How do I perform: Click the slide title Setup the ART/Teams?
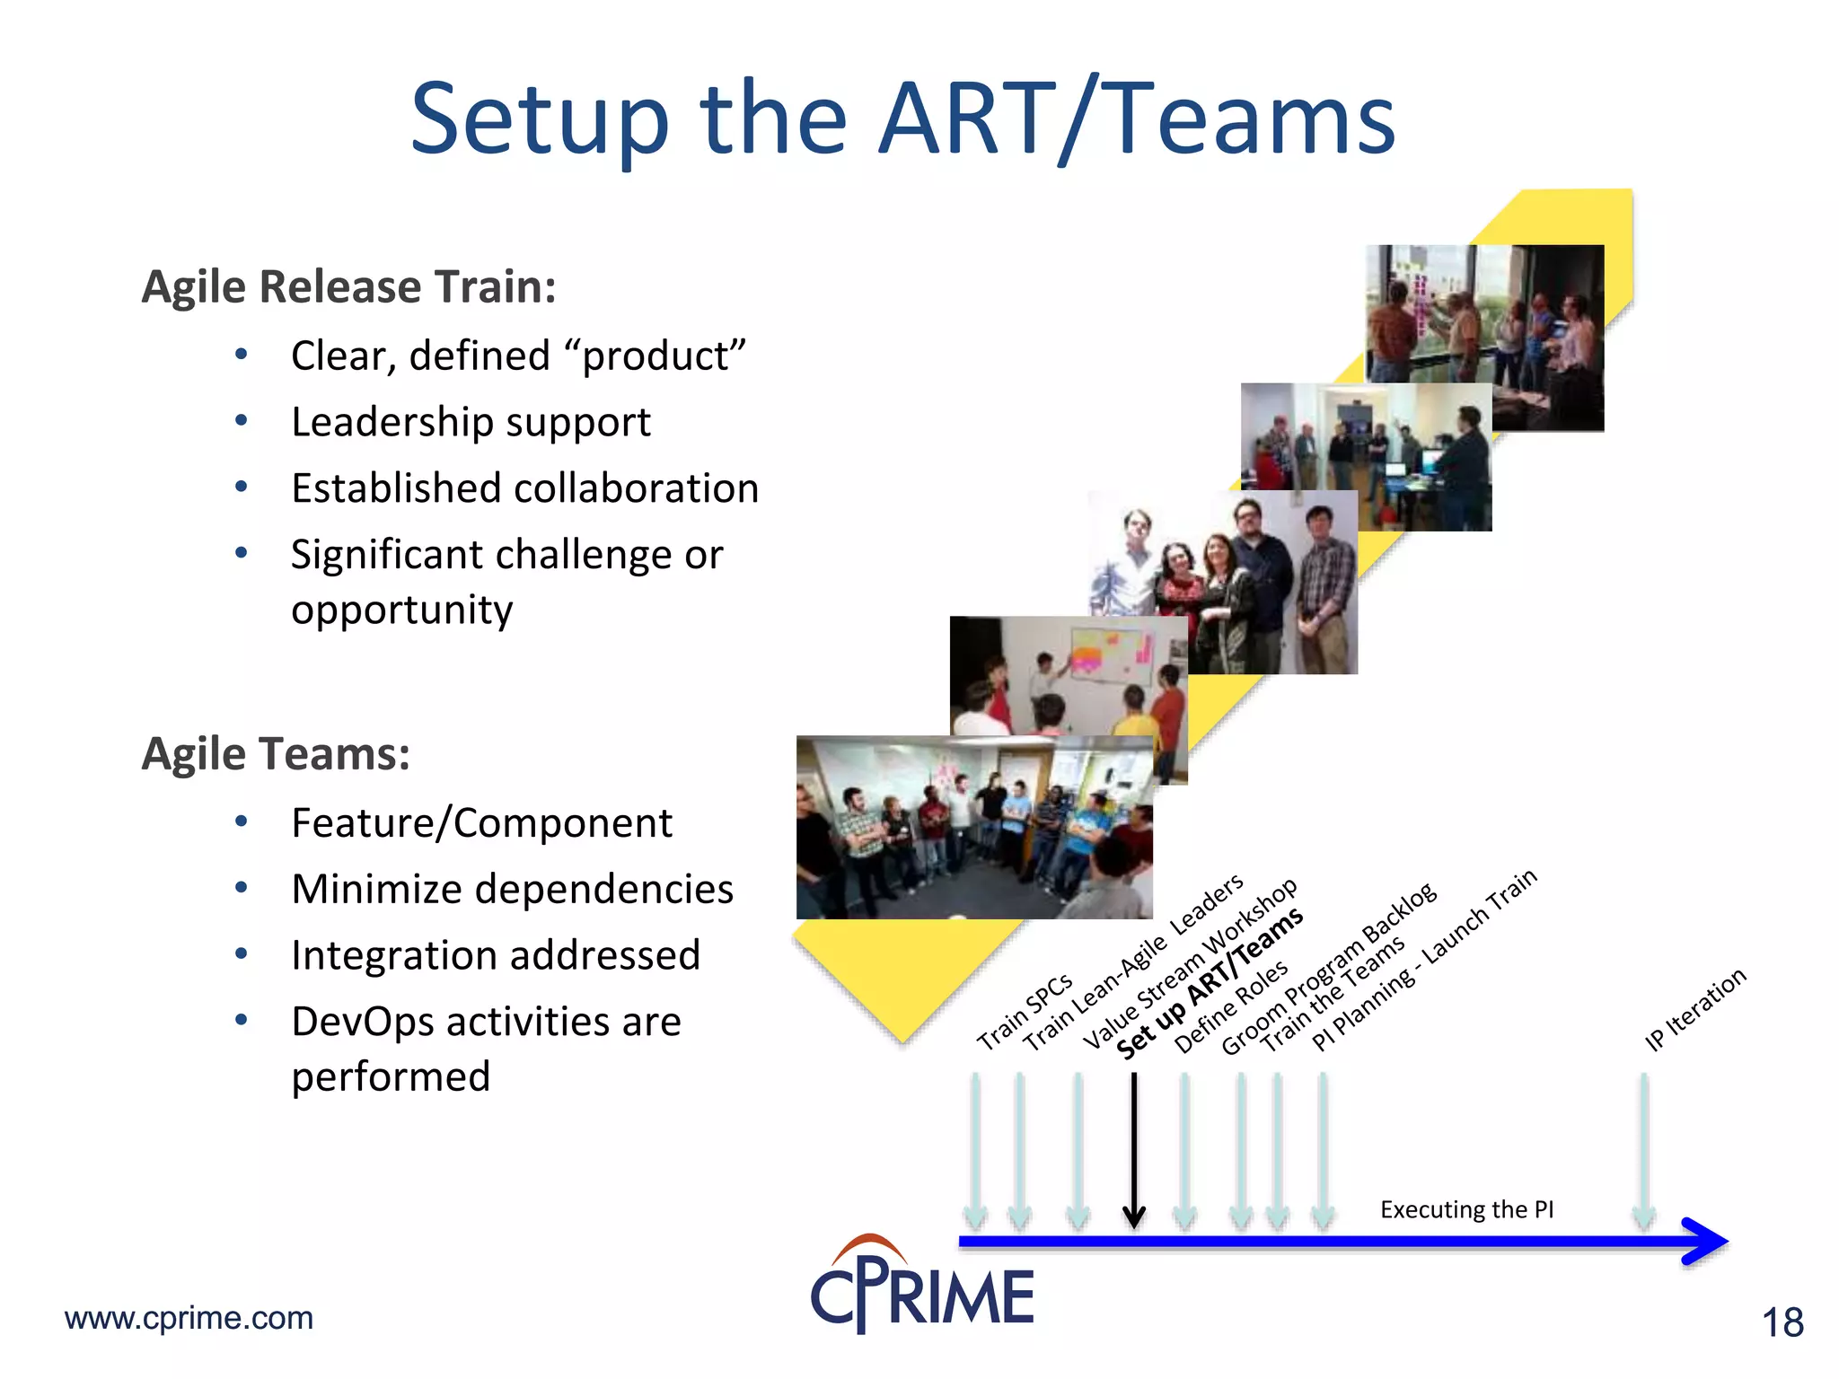click(x=902, y=119)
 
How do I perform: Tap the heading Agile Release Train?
click(x=348, y=287)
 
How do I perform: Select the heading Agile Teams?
click(x=276, y=754)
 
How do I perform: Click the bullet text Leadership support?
click(x=471, y=422)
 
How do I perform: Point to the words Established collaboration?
click(x=524, y=488)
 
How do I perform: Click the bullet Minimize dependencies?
click(x=512, y=889)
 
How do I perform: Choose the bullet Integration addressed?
click(x=495, y=955)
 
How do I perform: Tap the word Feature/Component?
click(x=481, y=823)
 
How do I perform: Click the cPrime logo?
click(x=921, y=1286)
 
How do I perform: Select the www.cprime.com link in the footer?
click(x=189, y=1318)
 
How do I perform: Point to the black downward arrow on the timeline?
click(x=1134, y=1149)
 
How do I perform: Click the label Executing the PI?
click(x=1466, y=1210)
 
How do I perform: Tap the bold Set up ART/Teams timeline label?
click(x=1209, y=984)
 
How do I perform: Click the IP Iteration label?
click(x=1694, y=1009)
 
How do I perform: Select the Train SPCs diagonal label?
click(x=1025, y=1011)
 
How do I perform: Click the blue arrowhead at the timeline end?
click(x=1706, y=1242)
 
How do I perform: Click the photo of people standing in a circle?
click(x=973, y=828)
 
